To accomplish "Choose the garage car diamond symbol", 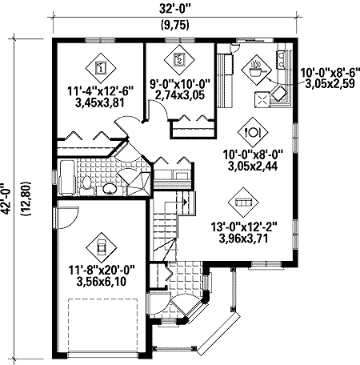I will point(101,244).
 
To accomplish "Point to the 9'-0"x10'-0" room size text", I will point(182,82).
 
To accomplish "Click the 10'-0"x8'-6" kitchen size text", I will point(328,73).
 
